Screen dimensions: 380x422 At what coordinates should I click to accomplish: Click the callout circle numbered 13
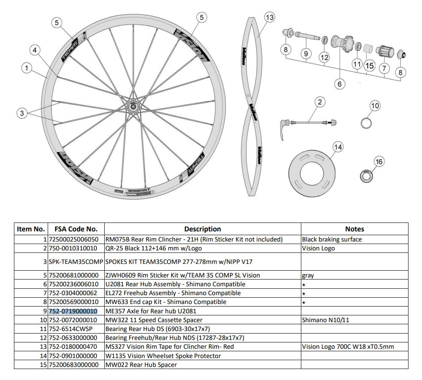point(269,17)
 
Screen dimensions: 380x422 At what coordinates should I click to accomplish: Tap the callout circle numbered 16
point(379,162)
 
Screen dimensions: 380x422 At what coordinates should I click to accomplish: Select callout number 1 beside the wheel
point(27,68)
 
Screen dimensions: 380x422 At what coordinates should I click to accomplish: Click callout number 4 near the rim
point(35,50)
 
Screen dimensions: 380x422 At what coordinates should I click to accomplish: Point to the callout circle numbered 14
point(338,147)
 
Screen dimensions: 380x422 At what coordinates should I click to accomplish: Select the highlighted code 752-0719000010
point(73,311)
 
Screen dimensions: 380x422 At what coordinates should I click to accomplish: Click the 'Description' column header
point(203,229)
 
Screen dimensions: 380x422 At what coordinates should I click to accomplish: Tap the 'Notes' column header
point(354,229)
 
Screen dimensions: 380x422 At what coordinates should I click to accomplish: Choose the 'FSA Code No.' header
point(76,229)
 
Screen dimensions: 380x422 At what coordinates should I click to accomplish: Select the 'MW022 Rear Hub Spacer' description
point(141,365)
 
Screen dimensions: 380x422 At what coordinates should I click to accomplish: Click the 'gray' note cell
point(308,275)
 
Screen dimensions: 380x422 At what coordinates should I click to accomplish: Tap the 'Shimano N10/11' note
point(325,320)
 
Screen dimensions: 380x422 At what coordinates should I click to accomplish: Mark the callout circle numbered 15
point(370,66)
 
